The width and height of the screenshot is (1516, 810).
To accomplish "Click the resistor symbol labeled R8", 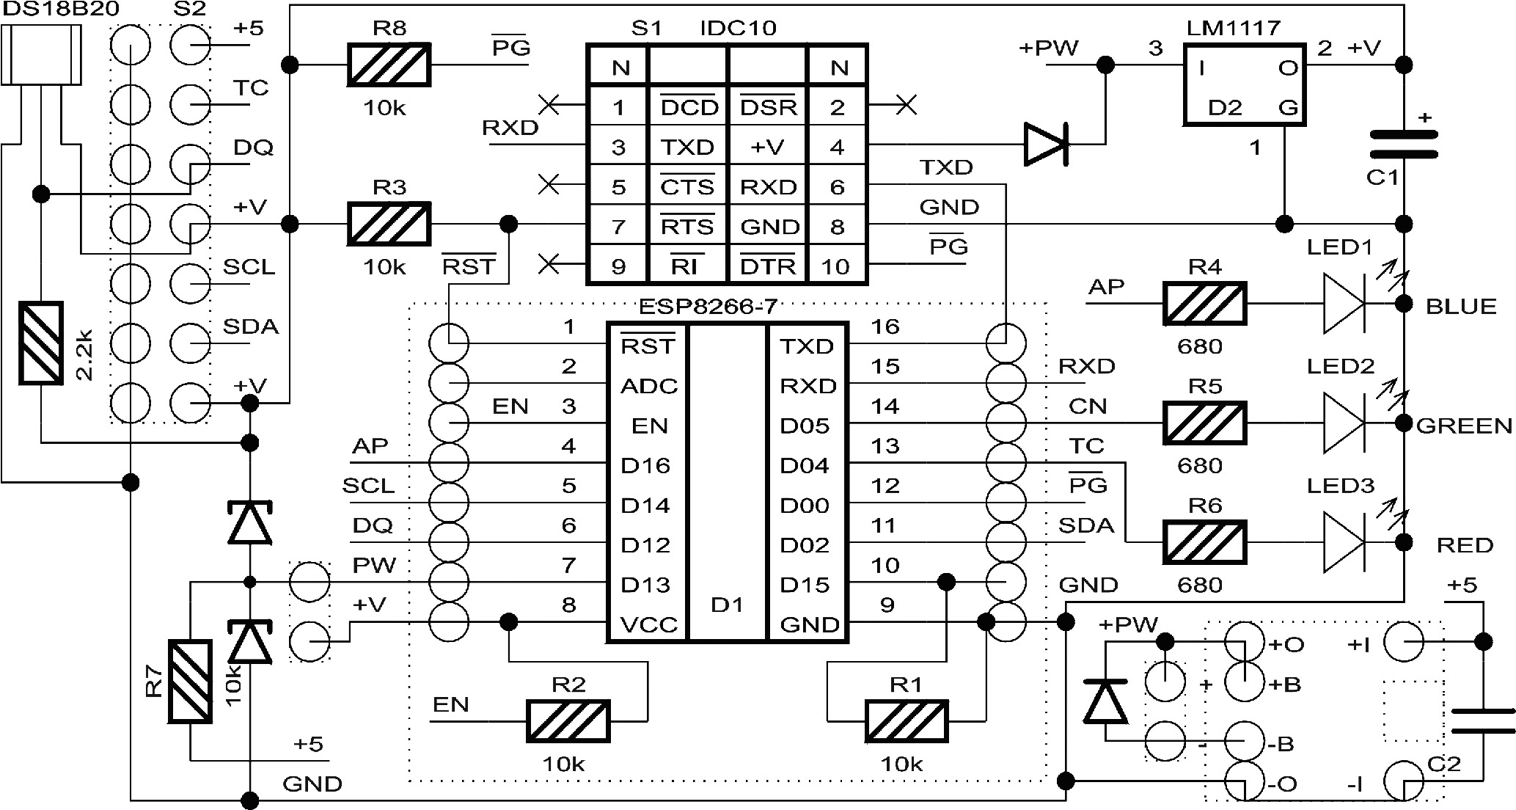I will pos(388,65).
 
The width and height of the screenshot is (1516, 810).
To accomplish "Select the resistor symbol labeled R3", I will pos(388,224).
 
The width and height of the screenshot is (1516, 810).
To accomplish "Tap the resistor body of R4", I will pos(1204,304).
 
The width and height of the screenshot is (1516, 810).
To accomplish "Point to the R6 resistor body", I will pos(1204,543).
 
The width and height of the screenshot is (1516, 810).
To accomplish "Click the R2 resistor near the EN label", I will pos(568,720).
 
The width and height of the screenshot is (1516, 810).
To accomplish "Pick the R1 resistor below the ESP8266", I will pos(907,720).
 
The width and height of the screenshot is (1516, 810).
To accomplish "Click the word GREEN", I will pos(1464,426).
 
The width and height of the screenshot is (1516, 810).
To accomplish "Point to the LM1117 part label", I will pos(1233,28).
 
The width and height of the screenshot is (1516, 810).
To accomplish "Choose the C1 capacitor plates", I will pos(1404,145).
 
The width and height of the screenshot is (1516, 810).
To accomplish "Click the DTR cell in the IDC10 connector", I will pos(768,266).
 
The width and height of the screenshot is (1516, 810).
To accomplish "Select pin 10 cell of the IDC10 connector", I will pos(836,266).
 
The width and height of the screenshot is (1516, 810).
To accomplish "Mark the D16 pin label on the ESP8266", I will pos(645,466).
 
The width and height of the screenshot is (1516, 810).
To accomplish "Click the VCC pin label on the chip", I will pos(648,625).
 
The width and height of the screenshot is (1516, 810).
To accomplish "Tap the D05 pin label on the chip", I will pos(805,426).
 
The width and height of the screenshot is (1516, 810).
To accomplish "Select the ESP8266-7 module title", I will pos(708,307).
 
